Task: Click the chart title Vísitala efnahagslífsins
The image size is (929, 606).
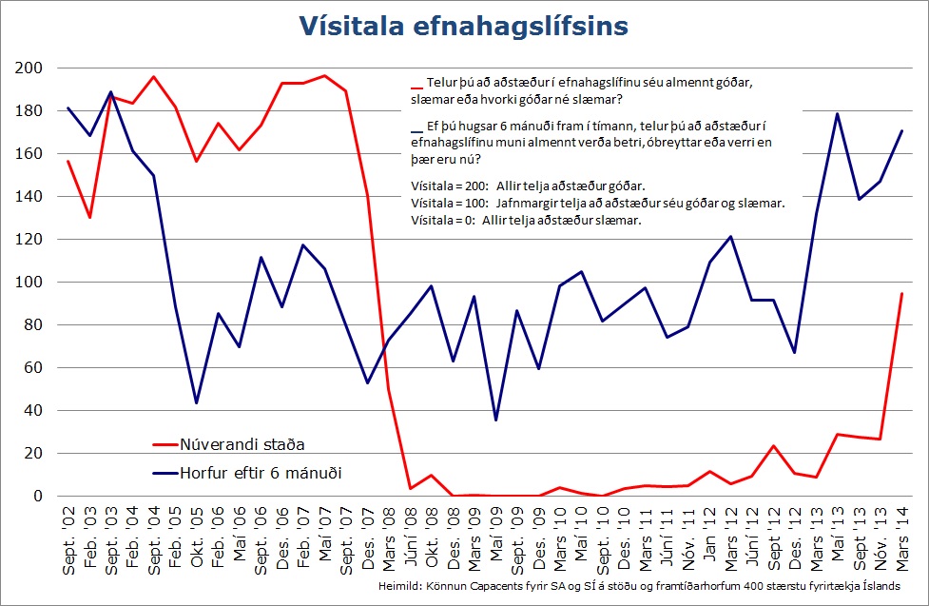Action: coord(464,26)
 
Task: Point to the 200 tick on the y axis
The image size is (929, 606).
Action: coord(31,68)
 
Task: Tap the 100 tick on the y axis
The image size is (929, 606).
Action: coord(31,283)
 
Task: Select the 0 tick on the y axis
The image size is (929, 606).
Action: coord(39,497)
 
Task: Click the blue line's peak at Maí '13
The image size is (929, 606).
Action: coord(837,114)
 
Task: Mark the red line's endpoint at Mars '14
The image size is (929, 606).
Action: coord(901,294)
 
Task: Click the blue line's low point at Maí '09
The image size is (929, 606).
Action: coord(495,420)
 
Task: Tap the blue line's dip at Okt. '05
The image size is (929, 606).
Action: coord(196,403)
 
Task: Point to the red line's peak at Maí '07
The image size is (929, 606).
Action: coord(324,75)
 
